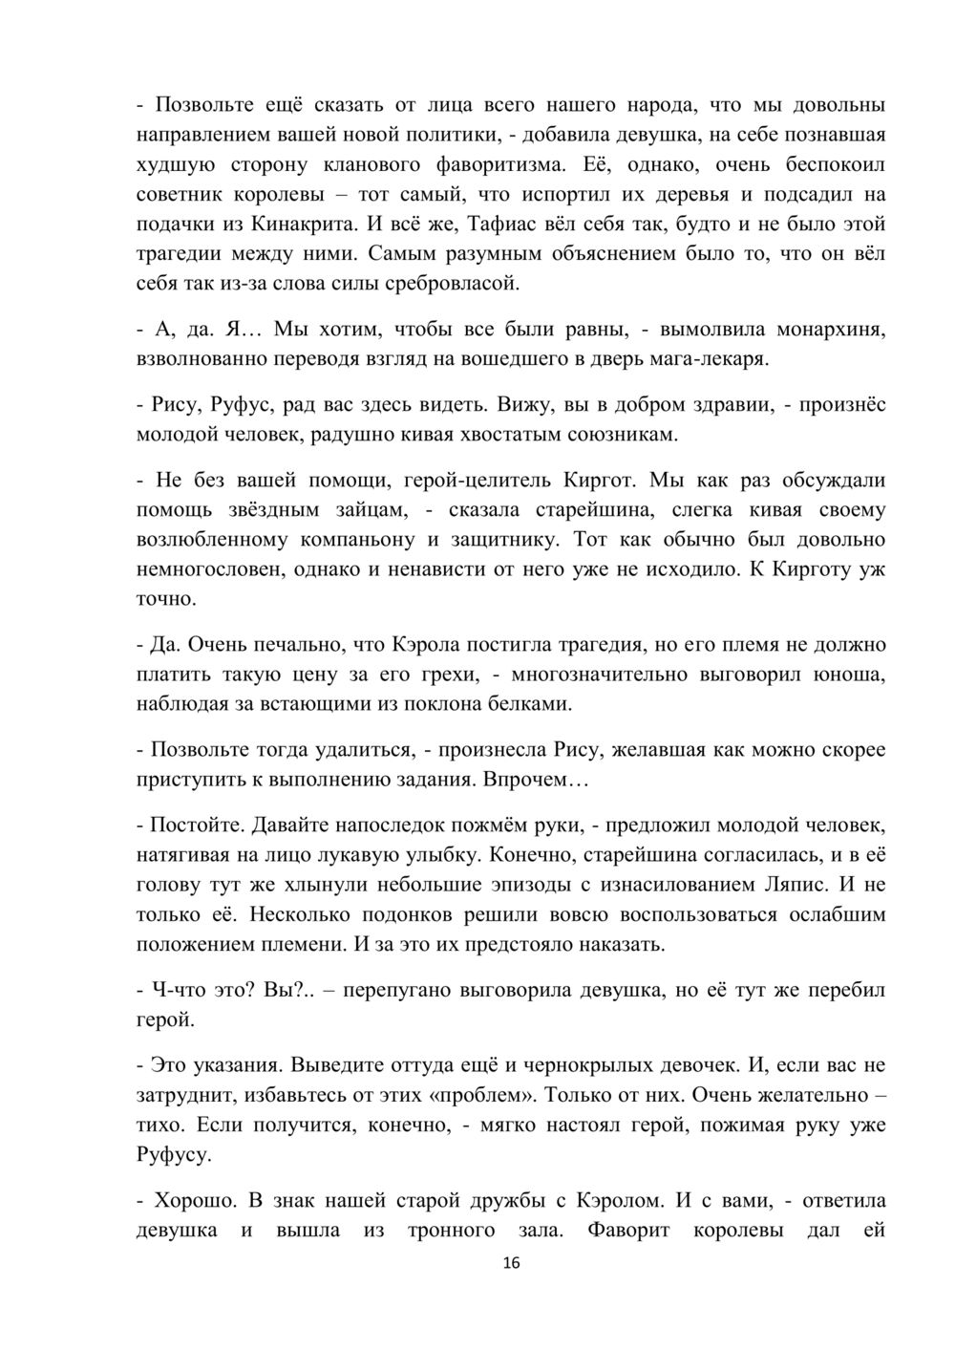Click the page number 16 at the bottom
point(511,1263)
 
